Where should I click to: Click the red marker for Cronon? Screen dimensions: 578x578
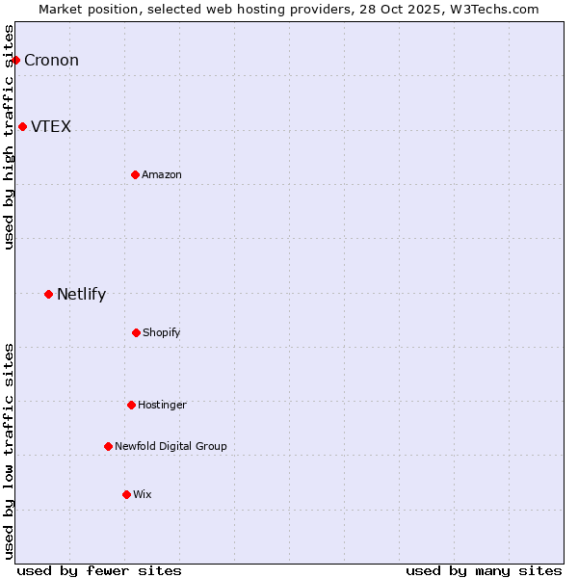(x=15, y=60)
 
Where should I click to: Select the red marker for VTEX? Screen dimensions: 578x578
(x=22, y=126)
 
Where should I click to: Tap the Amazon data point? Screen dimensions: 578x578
(x=135, y=174)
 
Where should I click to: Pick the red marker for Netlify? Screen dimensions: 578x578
(x=48, y=294)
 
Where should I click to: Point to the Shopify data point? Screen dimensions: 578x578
(x=136, y=332)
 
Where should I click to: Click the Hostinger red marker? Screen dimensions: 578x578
(x=131, y=405)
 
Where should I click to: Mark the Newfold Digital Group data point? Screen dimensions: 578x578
(x=108, y=446)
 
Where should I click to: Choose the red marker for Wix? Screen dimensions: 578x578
(x=126, y=494)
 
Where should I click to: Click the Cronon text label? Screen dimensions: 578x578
(x=51, y=60)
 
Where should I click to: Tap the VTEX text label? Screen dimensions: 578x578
(x=51, y=126)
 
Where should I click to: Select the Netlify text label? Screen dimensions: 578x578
(x=81, y=294)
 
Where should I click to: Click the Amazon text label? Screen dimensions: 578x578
(x=162, y=174)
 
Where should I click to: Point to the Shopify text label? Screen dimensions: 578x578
(x=162, y=332)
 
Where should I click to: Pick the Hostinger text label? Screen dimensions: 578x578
(x=162, y=405)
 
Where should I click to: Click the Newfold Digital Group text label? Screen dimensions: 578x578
(x=171, y=446)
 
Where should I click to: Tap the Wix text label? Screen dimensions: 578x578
(x=143, y=494)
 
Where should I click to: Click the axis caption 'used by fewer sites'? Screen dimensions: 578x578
(x=99, y=570)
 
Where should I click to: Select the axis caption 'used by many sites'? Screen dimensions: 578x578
(x=484, y=570)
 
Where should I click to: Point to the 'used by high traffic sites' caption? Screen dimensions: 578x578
(x=9, y=137)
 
